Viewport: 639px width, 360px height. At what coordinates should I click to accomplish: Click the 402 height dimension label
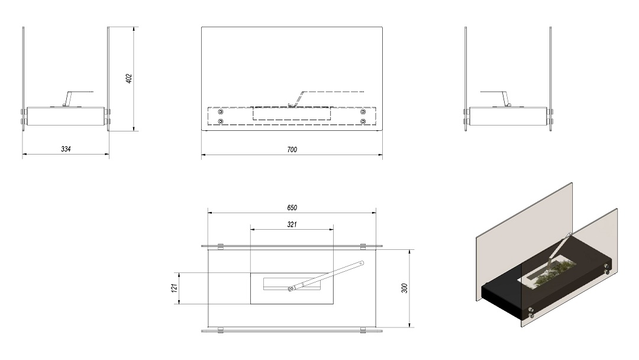[129, 79]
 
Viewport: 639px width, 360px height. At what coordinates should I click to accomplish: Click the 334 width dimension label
[66, 149]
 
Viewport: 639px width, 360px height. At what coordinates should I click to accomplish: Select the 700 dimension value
[292, 150]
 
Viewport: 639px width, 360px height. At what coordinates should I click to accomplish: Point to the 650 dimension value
[292, 207]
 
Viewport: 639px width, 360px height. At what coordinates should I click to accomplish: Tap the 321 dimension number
[292, 224]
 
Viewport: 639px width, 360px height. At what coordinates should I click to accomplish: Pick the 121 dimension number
[175, 288]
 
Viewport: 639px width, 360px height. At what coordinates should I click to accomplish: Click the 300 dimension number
[404, 288]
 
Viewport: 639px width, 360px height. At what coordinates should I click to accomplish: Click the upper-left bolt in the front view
[221, 112]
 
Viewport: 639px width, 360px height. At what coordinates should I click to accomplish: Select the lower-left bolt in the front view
[221, 121]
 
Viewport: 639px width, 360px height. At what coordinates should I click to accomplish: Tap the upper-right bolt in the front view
[363, 112]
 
